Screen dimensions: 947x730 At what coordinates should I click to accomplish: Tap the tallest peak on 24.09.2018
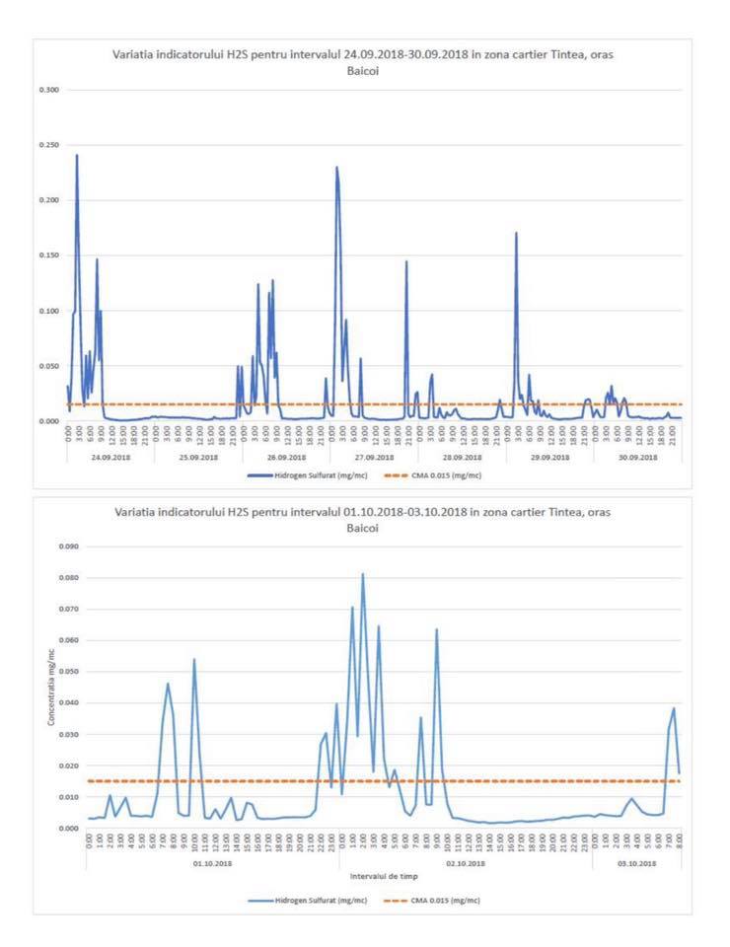(x=77, y=156)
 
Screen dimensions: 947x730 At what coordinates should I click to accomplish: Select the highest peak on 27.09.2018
(x=336, y=168)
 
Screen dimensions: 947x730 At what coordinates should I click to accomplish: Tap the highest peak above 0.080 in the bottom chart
(x=362, y=574)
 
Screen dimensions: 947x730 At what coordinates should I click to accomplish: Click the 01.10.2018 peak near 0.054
(x=194, y=659)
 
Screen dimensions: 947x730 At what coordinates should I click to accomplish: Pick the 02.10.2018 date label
(x=465, y=863)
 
